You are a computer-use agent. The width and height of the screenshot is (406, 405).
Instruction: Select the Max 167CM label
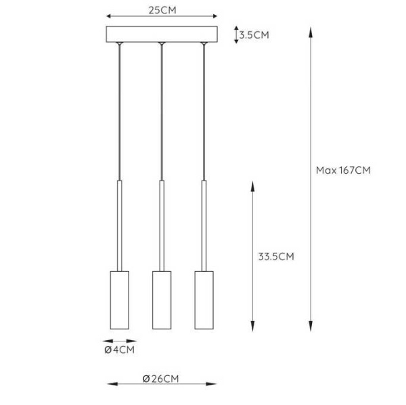(343, 170)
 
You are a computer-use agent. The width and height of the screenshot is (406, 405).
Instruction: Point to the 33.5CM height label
(276, 256)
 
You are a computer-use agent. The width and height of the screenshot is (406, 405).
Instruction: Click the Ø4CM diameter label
(120, 350)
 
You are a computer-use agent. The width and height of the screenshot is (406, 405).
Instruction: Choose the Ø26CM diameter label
(162, 379)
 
